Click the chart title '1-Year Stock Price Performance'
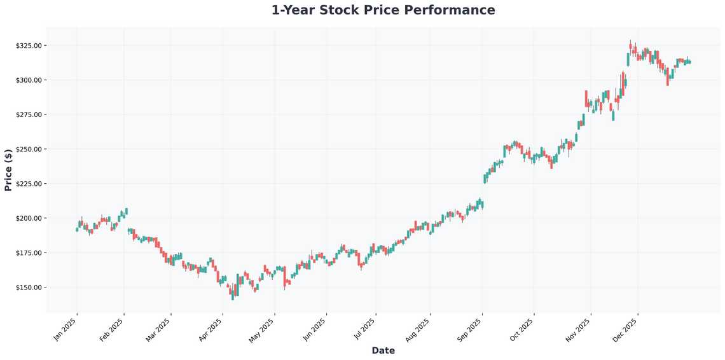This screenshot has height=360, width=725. pyautogui.click(x=383, y=10)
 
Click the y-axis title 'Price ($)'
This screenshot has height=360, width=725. pyautogui.click(x=8, y=170)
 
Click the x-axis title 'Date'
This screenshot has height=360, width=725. pyautogui.click(x=383, y=350)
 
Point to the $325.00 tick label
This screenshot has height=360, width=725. pyautogui.click(x=29, y=46)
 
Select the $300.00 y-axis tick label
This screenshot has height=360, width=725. pyautogui.click(x=29, y=80)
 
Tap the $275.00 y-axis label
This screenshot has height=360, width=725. pyautogui.click(x=29, y=114)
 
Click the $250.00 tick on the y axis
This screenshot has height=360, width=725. pyautogui.click(x=29, y=149)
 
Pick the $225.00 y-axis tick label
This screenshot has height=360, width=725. pyautogui.click(x=29, y=184)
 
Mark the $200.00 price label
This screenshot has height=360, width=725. pyautogui.click(x=29, y=218)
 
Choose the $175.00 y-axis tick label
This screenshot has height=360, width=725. pyautogui.click(x=29, y=253)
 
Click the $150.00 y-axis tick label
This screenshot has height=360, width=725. pyautogui.click(x=29, y=287)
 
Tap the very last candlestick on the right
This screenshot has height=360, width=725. pyautogui.click(x=690, y=62)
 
